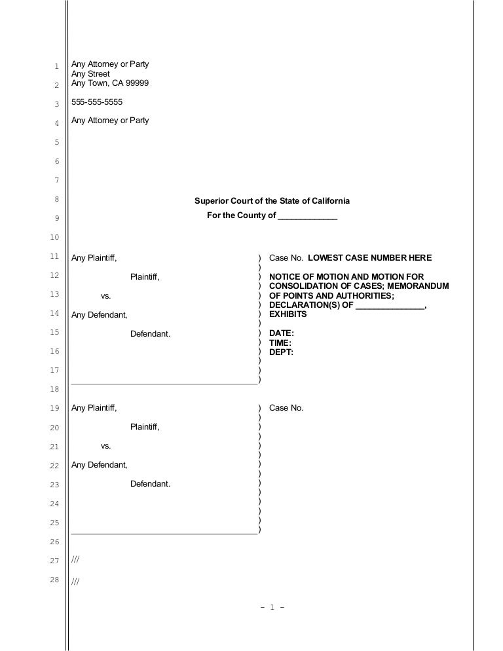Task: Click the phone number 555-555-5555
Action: pyautogui.click(x=96, y=103)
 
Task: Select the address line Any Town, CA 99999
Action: pyautogui.click(x=109, y=83)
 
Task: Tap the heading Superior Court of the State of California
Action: pyautogui.click(x=272, y=201)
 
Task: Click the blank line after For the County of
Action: pyautogui.click(x=307, y=216)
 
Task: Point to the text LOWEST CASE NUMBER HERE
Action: pyautogui.click(x=369, y=258)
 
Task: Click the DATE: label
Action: pyautogui.click(x=282, y=333)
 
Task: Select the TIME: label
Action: pyautogui.click(x=280, y=343)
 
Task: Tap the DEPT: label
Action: pyautogui.click(x=281, y=352)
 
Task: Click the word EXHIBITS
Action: pyautogui.click(x=288, y=314)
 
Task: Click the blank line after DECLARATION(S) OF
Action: pyautogui.click(x=390, y=305)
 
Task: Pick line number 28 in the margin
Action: pyautogui.click(x=56, y=580)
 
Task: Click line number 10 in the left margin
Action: pyautogui.click(x=56, y=237)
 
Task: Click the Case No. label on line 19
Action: pyautogui.click(x=286, y=408)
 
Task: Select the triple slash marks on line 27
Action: pyautogui.click(x=75, y=561)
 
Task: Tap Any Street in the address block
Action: pyautogui.click(x=90, y=74)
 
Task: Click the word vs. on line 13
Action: pyautogui.click(x=105, y=296)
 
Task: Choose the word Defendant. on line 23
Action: pyautogui.click(x=150, y=484)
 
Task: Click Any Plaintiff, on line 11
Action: pyautogui.click(x=94, y=258)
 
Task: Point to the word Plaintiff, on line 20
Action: pyautogui.click(x=145, y=427)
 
